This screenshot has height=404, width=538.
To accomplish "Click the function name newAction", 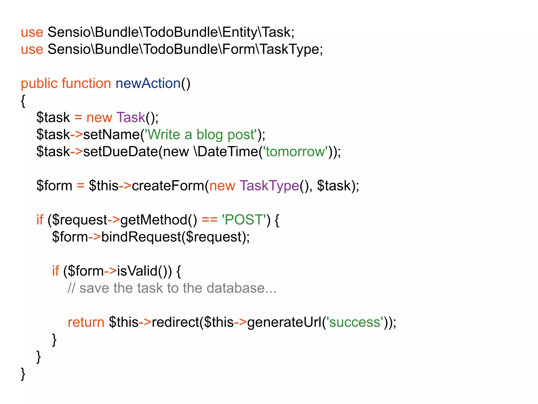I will [x=148, y=84].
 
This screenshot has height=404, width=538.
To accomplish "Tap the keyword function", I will [x=86, y=84].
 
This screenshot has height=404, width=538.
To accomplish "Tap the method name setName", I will [x=111, y=135].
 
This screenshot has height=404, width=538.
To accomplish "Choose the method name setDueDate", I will [x=121, y=152].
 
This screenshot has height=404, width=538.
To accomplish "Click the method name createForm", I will [x=168, y=186].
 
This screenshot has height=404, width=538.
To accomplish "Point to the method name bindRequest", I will [x=141, y=237].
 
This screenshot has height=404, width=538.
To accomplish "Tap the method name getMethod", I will [x=154, y=220].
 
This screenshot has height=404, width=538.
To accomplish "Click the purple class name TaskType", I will [x=269, y=186].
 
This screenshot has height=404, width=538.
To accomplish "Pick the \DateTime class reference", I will [x=226, y=152].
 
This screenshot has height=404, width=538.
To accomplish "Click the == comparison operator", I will [x=210, y=220].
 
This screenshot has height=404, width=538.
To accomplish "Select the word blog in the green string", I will [x=210, y=135].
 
